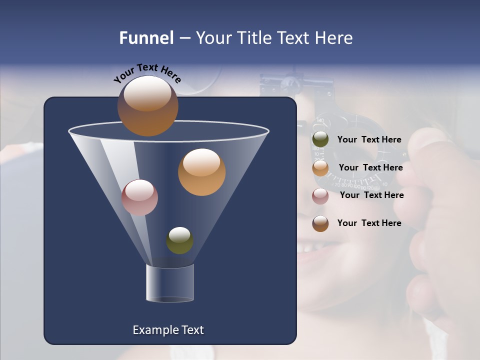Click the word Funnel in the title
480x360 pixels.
pos(146,38)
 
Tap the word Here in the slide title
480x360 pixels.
pos(334,38)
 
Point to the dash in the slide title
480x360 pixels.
pos(184,38)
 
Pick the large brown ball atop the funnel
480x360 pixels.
pos(147,106)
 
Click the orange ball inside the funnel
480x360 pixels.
pos(201,172)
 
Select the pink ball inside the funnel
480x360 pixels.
pos(139,197)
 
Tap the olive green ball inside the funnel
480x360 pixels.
pos(179,240)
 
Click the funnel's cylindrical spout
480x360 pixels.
pos(170,283)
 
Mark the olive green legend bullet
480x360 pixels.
pos(320,139)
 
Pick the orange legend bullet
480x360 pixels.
pos(320,168)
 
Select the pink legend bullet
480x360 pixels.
pos(320,196)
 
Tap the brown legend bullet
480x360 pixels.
pos(320,223)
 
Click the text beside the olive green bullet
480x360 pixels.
pos(369,139)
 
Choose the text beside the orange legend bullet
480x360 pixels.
pos(370,167)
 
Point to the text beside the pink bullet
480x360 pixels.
pos(371,195)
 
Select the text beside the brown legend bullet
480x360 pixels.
pos(369,223)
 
